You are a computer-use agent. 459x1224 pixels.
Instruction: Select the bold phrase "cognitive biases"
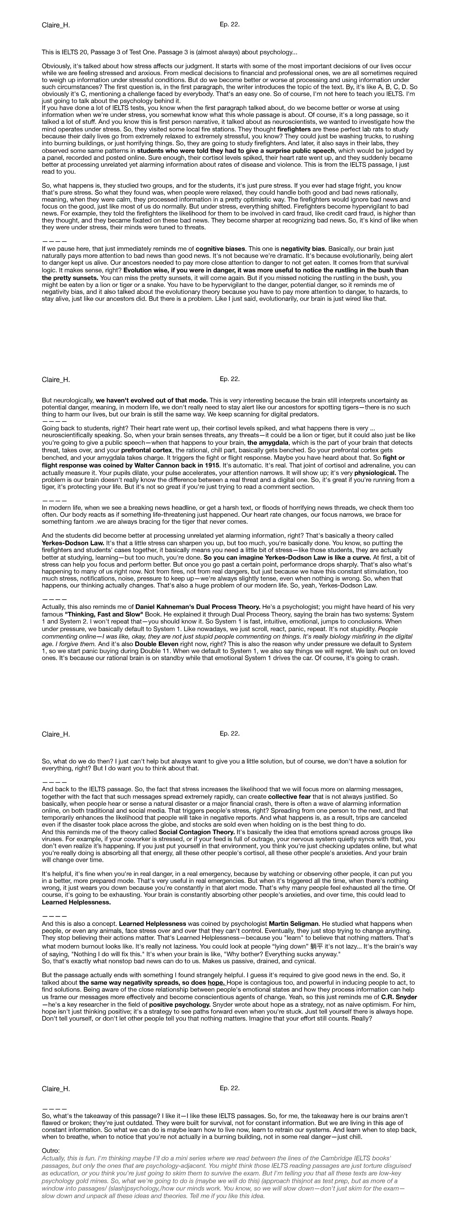pyautogui.click(x=221, y=249)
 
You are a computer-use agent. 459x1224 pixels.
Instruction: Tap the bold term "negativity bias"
pyautogui.click(x=303, y=249)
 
